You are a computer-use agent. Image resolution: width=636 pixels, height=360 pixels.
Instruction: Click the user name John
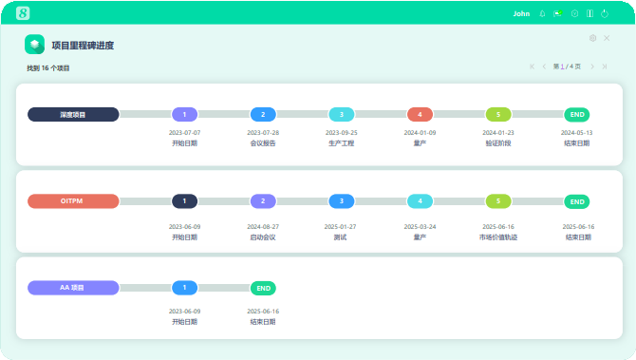click(x=521, y=14)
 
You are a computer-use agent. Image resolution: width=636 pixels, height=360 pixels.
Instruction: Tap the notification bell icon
click(x=542, y=14)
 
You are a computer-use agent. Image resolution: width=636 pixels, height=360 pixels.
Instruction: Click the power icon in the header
click(x=604, y=14)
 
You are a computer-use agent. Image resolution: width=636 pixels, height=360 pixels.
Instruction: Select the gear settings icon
click(x=593, y=38)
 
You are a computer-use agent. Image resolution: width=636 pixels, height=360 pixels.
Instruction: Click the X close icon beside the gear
click(x=607, y=38)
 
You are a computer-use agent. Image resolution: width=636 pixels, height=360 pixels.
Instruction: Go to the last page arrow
click(x=605, y=66)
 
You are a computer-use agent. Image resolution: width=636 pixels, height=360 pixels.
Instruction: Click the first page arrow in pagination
click(x=532, y=66)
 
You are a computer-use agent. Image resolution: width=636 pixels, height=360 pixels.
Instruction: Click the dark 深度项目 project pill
click(x=73, y=114)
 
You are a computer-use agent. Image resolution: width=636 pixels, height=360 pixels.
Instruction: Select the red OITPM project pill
click(x=73, y=201)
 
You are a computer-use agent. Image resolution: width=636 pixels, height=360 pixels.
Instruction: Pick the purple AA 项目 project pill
click(x=73, y=287)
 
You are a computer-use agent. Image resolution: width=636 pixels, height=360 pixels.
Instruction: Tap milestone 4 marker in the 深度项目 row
click(x=420, y=114)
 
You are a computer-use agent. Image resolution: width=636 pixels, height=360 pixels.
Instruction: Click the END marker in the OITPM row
click(x=577, y=201)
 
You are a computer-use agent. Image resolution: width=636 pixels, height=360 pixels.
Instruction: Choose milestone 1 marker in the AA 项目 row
click(x=184, y=287)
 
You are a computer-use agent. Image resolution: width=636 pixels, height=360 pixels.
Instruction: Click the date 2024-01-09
click(x=420, y=133)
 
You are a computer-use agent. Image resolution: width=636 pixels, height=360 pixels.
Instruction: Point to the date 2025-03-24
click(x=420, y=227)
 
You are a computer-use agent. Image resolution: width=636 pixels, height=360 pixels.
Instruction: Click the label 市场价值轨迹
click(x=498, y=237)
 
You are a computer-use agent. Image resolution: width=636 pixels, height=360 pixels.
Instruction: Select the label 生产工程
click(x=342, y=143)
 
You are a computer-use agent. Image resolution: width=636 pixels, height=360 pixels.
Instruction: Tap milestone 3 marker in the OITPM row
click(x=342, y=201)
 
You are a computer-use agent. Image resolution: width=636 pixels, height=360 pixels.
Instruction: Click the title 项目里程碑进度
click(x=84, y=45)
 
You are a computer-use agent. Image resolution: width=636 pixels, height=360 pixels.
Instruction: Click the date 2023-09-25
click(x=342, y=133)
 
